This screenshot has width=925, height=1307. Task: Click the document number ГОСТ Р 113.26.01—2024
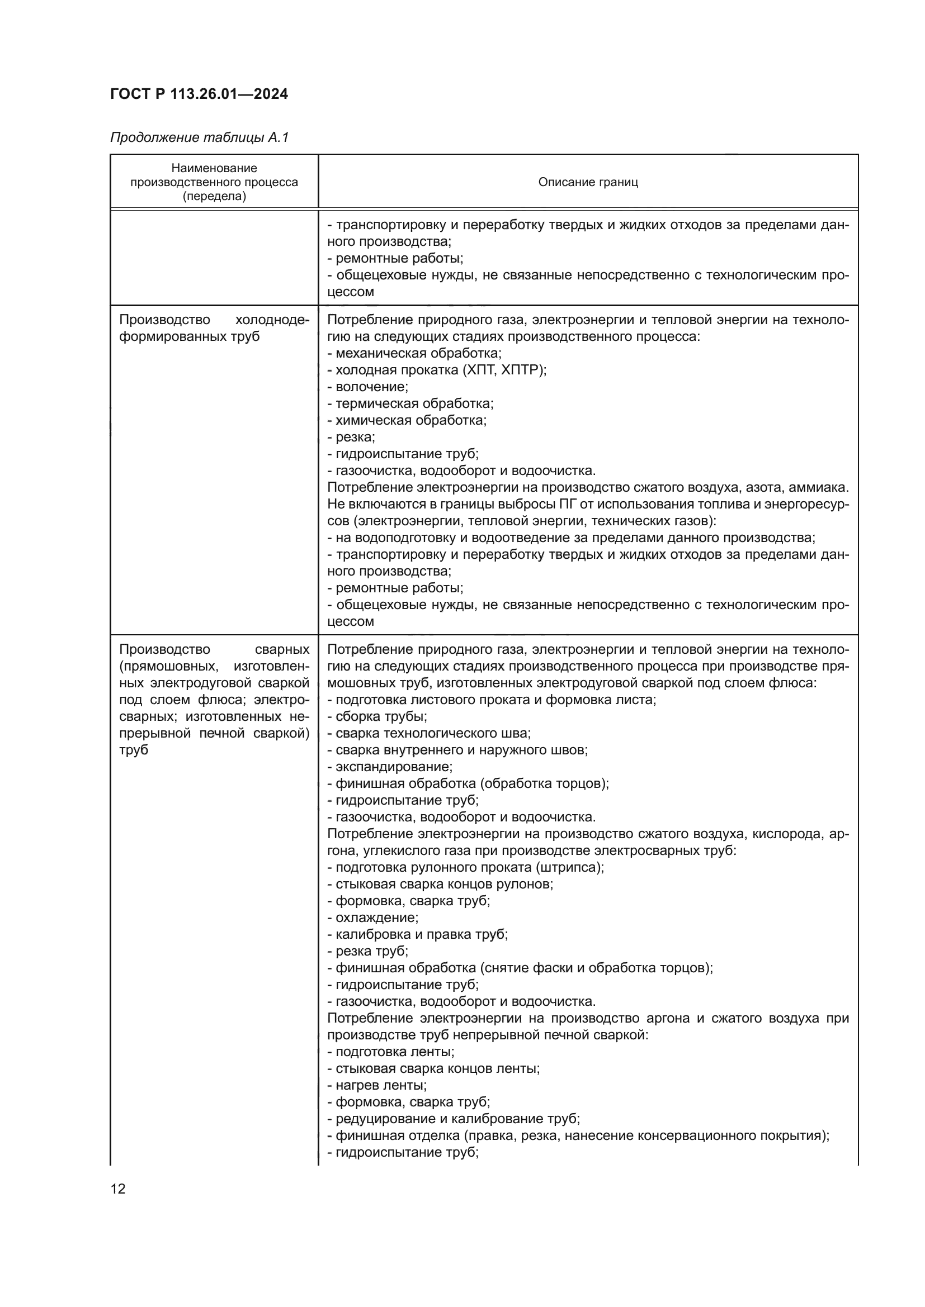(199, 94)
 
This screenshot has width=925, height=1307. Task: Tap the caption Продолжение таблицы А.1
(199, 137)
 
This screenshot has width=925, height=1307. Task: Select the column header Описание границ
(588, 182)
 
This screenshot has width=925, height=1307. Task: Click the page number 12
(118, 1189)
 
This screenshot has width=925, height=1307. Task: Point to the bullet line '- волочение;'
(368, 387)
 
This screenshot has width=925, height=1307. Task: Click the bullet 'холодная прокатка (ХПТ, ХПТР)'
(437, 370)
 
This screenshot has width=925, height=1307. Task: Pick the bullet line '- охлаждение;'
(373, 918)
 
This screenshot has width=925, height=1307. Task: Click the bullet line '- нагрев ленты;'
(377, 1085)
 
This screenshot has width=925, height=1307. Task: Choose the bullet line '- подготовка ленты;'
(391, 1052)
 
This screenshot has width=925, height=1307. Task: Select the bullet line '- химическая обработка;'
(407, 420)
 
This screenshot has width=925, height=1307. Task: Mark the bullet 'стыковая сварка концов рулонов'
(440, 884)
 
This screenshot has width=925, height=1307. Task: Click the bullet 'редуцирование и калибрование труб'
(454, 1119)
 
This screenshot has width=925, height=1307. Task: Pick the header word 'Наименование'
(214, 168)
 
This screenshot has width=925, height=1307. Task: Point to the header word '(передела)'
(214, 196)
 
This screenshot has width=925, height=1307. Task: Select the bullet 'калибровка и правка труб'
(418, 934)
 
